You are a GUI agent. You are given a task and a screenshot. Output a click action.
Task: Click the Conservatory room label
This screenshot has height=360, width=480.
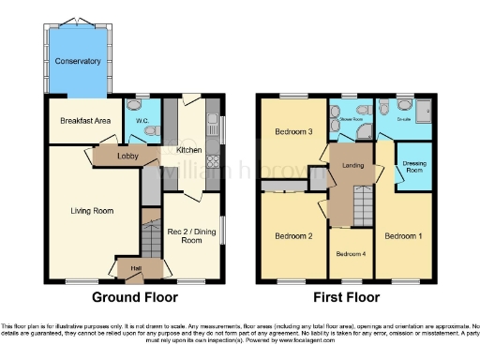(x=78, y=62)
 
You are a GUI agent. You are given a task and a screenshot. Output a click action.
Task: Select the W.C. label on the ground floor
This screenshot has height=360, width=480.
(x=143, y=120)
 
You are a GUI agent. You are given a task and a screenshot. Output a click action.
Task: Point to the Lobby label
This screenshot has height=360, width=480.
(x=128, y=157)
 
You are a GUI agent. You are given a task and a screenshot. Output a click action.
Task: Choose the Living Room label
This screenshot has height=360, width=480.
(x=92, y=211)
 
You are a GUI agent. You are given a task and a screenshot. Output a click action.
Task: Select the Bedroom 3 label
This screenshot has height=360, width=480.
(x=292, y=132)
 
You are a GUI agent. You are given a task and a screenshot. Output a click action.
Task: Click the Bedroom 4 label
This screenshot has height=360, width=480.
(x=351, y=254)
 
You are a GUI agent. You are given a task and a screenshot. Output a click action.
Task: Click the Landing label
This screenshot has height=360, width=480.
(x=352, y=167)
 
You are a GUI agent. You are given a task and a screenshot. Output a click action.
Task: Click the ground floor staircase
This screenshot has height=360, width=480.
(x=150, y=240)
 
